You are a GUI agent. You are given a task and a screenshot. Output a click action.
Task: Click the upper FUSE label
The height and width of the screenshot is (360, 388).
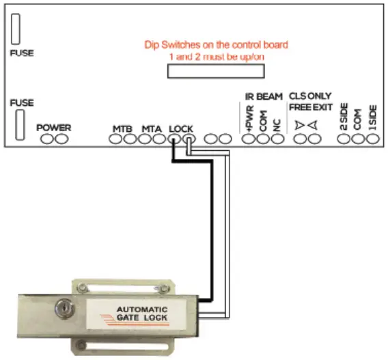[x=21, y=53]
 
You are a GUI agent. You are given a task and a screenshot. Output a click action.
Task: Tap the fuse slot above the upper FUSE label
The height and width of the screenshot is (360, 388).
[x=16, y=29]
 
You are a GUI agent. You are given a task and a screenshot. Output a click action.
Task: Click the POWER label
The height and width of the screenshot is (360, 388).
[x=53, y=128]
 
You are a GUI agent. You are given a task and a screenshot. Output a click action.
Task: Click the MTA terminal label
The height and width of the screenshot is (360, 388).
[x=152, y=128]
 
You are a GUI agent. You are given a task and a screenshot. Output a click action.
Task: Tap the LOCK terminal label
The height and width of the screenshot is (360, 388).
[x=181, y=128]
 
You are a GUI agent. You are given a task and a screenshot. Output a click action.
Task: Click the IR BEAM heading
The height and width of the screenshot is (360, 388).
[x=264, y=97]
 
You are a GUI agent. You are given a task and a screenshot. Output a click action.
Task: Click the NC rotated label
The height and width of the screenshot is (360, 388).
[x=277, y=122]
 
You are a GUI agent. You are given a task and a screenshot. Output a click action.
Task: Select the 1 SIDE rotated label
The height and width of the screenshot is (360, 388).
[x=373, y=117]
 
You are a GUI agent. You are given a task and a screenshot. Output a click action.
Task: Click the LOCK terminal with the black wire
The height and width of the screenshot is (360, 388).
[x=174, y=139]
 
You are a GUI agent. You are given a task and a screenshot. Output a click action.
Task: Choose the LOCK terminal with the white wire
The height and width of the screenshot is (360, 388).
[x=188, y=139]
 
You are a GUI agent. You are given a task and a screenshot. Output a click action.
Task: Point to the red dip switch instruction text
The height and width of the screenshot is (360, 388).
[x=216, y=50]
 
